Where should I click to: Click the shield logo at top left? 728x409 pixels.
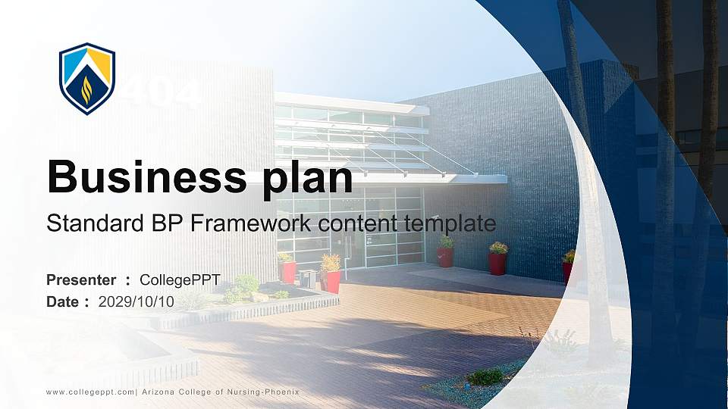click(x=87, y=78)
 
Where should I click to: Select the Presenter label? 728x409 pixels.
click(x=81, y=280)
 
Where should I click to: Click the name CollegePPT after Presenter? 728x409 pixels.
click(x=180, y=280)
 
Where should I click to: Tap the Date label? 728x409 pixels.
click(x=62, y=301)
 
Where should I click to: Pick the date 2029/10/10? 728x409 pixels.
click(x=136, y=301)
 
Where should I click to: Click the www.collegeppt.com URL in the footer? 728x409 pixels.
click(x=89, y=392)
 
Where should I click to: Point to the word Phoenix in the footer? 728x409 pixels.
click(x=281, y=392)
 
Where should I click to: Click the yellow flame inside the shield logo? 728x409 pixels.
click(x=86, y=89)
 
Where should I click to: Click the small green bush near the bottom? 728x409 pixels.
click(x=485, y=376)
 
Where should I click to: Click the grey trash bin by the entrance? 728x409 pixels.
click(x=307, y=278)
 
